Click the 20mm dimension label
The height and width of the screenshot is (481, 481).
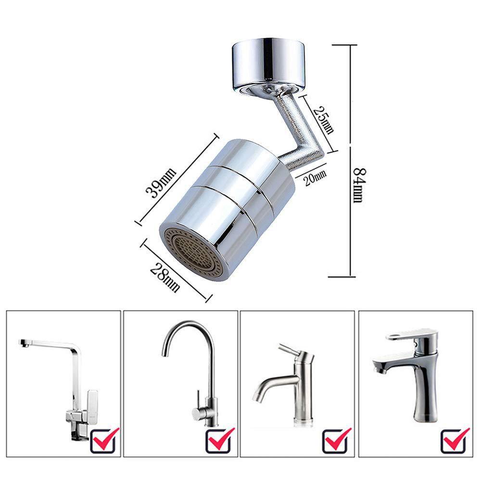[315, 178]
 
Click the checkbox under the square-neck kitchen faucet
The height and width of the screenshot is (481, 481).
[105, 439]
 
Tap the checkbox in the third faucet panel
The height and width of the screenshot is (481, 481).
[337, 439]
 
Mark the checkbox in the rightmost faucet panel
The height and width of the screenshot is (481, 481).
[456, 439]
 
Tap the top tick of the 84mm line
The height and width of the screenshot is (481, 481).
[342, 45]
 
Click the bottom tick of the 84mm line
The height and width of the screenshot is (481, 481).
[342, 277]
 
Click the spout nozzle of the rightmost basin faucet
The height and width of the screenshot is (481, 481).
[380, 369]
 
